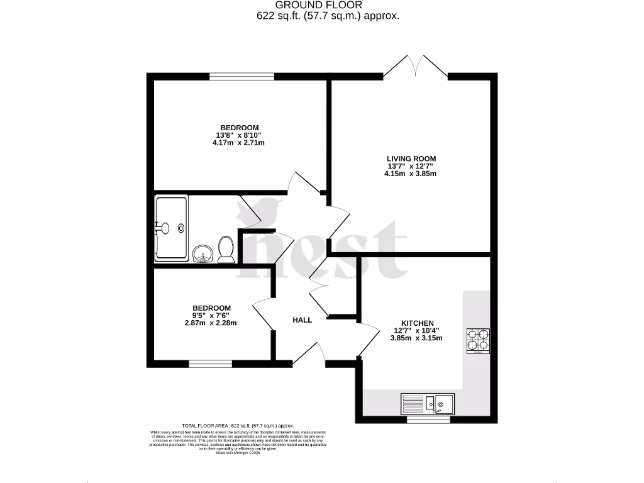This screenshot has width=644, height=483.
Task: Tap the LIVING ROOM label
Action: [x=411, y=158]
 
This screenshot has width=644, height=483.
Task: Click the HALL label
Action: [x=302, y=320]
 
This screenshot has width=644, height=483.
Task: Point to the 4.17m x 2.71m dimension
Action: [x=238, y=143]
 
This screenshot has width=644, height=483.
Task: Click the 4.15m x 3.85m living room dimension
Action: [x=411, y=174]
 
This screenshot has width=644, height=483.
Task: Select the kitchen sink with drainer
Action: [x=428, y=402]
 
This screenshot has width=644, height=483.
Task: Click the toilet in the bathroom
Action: [x=226, y=249]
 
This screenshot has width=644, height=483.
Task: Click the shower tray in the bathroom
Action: [x=171, y=228]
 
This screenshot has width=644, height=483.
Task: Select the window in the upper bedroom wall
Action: [x=242, y=77]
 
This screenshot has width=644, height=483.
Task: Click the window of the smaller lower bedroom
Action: [x=210, y=364]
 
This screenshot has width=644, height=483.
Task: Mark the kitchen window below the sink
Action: [x=428, y=418]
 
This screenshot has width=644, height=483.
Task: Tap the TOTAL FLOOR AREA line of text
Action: [x=238, y=426]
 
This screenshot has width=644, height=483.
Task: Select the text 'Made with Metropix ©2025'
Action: [x=238, y=453]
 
